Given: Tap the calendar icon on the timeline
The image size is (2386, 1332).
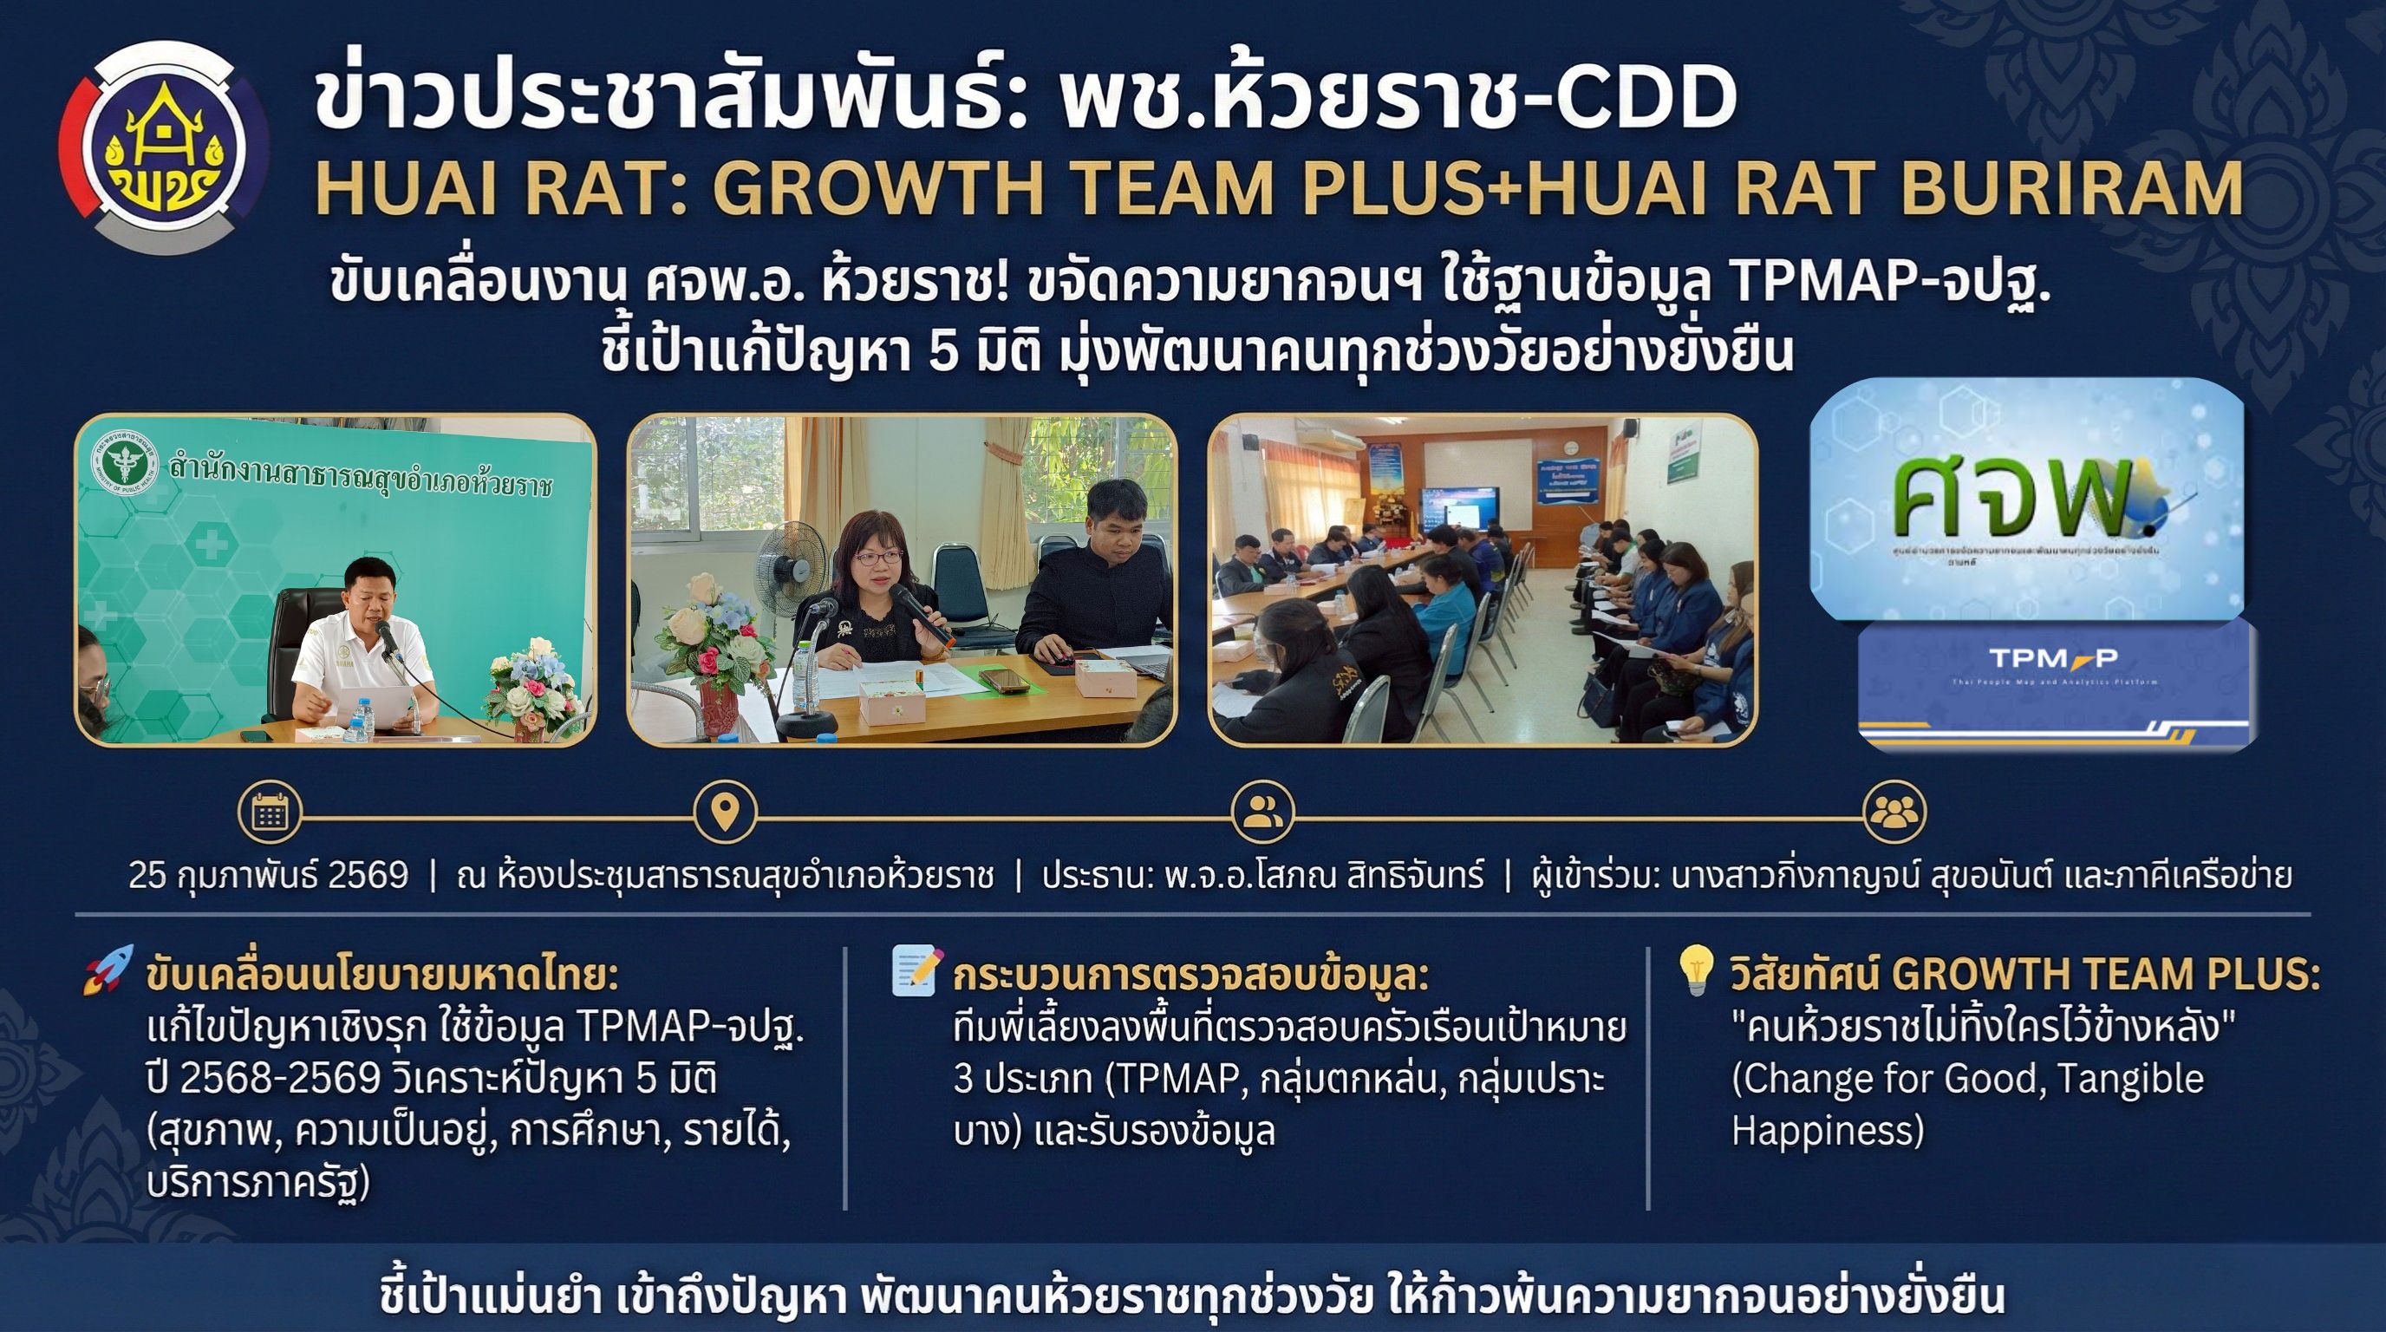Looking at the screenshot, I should point(270,813).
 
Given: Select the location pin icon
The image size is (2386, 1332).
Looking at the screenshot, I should point(724,813).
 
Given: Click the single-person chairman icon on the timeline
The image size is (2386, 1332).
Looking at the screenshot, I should point(1262,813).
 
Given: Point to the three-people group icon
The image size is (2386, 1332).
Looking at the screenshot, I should point(1894,813).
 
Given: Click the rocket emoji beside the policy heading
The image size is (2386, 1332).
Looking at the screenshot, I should point(108,970).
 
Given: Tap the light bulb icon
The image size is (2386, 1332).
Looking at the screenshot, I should point(1696,970).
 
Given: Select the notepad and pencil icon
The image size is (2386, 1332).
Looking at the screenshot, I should point(916,970).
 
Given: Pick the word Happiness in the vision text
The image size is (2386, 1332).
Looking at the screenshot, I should point(1828,1131).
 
